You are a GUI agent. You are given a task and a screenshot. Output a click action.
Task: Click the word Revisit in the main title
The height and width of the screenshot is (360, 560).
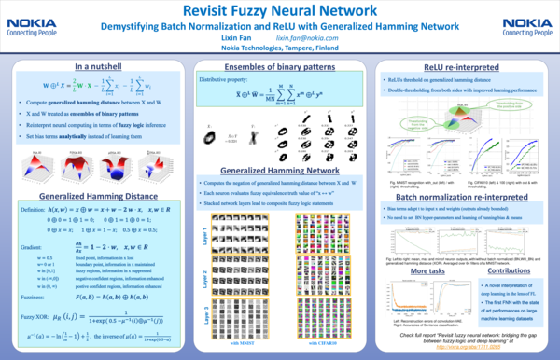[217, 10]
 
